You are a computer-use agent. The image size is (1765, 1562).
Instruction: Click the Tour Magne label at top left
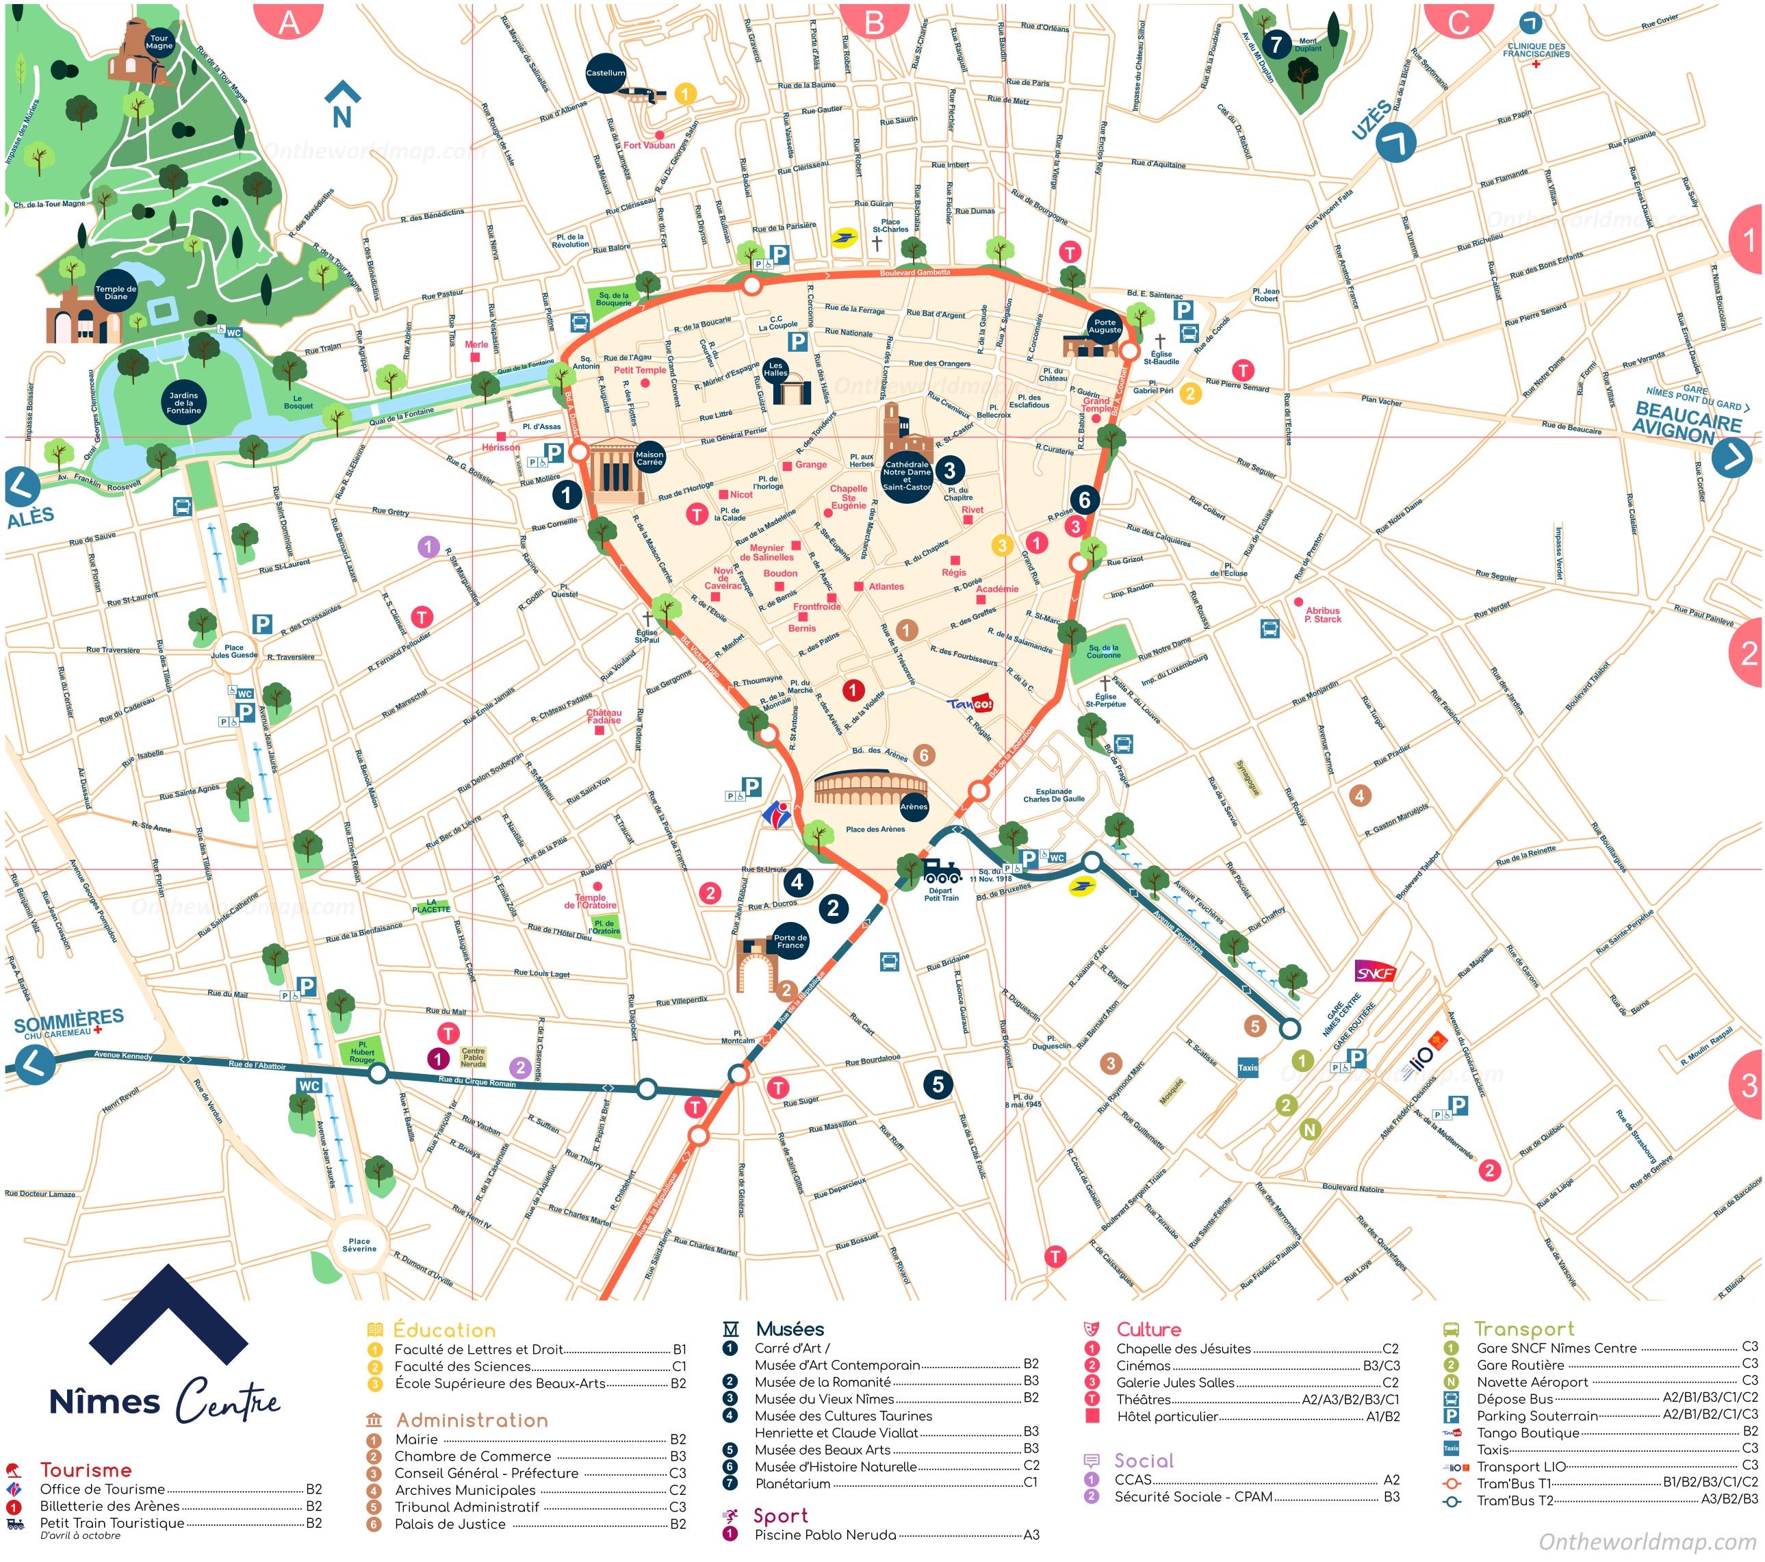pos(159,42)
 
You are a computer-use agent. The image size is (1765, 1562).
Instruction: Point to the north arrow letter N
pos(342,116)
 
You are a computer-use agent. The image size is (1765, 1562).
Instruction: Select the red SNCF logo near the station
pos(1375,973)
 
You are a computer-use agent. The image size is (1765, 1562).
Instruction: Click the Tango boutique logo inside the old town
pos(970,704)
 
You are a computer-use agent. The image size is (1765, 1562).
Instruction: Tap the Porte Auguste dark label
pos(1105,326)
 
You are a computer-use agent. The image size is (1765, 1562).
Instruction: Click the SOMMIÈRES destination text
pos(69,1020)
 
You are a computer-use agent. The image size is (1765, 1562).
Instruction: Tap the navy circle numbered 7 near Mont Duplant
pos(1276,44)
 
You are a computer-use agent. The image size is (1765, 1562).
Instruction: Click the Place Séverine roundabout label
pos(359,1244)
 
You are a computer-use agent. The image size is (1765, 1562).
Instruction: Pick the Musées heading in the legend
pos(789,1329)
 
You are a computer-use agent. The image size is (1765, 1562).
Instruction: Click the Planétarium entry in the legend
pos(792,1483)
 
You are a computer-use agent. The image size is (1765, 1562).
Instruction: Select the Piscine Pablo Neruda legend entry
pos(825,1535)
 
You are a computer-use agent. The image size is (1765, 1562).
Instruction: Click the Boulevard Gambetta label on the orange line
pos(914,273)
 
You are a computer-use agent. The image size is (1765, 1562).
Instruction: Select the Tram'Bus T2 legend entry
pos(1515,1500)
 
